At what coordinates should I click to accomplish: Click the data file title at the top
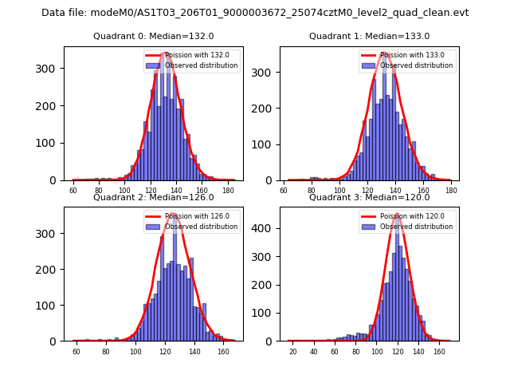pos(255,13)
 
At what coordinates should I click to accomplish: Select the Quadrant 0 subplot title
pos(154,36)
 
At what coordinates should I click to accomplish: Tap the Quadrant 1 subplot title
pos(369,36)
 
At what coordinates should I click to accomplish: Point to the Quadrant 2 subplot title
pos(154,197)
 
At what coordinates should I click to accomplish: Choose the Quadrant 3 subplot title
pos(369,197)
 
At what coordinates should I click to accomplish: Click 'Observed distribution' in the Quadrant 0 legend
pos(201,65)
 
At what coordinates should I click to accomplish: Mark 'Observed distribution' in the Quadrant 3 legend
pos(416,227)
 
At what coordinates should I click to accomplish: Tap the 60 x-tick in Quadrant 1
pos(284,191)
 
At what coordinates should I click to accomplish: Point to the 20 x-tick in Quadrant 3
pos(292,351)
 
